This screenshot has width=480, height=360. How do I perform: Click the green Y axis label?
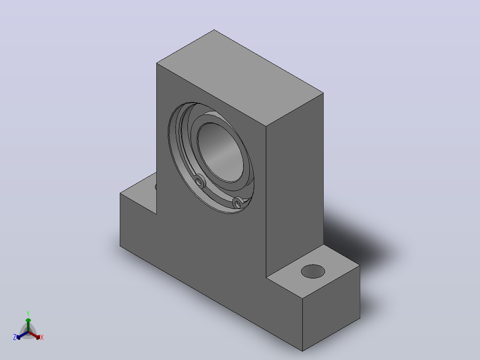28,313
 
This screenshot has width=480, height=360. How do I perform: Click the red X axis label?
42,337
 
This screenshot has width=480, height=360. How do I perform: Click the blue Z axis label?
15,337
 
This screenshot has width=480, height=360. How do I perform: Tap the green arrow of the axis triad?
28,324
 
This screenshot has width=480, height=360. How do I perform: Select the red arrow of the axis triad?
34,335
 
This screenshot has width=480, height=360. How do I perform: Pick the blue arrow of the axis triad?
22,335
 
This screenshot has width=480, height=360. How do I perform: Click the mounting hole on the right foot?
313,271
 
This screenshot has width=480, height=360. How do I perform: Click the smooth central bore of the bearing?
220,152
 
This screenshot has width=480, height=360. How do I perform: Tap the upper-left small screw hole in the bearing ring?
199,182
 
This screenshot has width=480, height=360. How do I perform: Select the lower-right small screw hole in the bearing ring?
237,203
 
